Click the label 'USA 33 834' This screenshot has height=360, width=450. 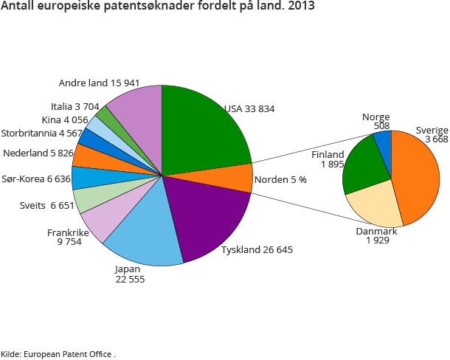(249, 109)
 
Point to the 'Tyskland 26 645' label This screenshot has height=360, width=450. (257, 250)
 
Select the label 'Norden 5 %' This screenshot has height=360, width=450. (280, 180)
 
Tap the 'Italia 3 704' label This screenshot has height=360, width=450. (75, 106)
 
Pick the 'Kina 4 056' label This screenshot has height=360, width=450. (66, 120)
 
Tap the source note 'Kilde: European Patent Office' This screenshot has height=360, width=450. (58, 354)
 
